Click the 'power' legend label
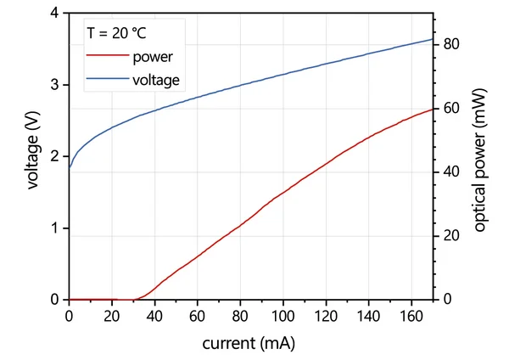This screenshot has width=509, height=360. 153,58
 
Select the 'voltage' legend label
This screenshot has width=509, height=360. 156,81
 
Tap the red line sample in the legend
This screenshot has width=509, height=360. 105,58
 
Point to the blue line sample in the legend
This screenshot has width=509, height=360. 105,81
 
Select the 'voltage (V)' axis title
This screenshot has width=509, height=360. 34,157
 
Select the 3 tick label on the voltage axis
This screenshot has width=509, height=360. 56,85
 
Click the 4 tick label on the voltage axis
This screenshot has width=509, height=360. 56,14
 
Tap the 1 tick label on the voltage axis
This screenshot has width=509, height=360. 56,228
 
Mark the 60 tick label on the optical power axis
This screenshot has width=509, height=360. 450,109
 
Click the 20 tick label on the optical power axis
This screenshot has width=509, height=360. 450,236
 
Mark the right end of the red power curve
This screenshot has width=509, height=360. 433,109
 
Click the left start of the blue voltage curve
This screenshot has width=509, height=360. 70,167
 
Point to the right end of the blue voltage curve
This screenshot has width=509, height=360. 433,39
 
